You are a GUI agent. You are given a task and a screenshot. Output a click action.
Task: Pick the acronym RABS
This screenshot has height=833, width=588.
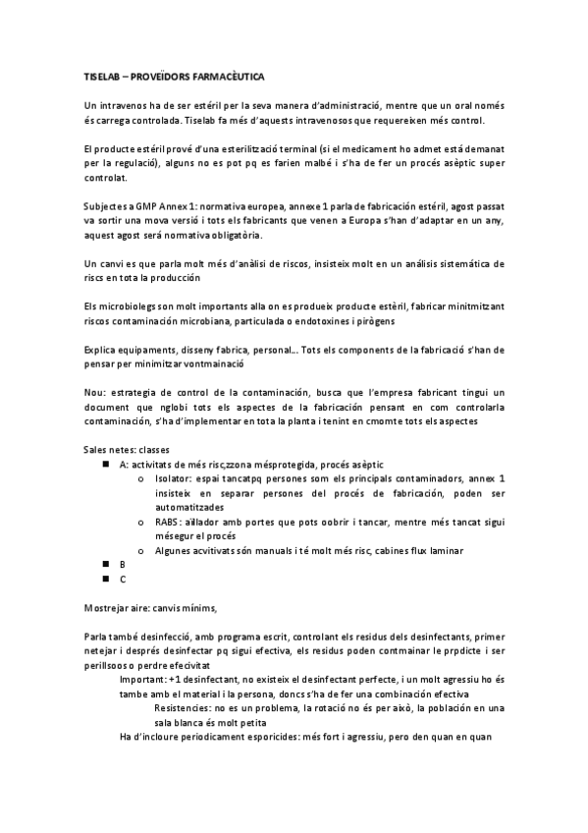[167, 522]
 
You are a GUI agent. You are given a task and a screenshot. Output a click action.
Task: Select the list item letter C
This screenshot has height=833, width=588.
[123, 580]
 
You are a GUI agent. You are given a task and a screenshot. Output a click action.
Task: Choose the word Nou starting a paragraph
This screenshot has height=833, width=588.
[94, 392]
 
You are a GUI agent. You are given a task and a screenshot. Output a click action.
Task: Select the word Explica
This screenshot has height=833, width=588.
[103, 349]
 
